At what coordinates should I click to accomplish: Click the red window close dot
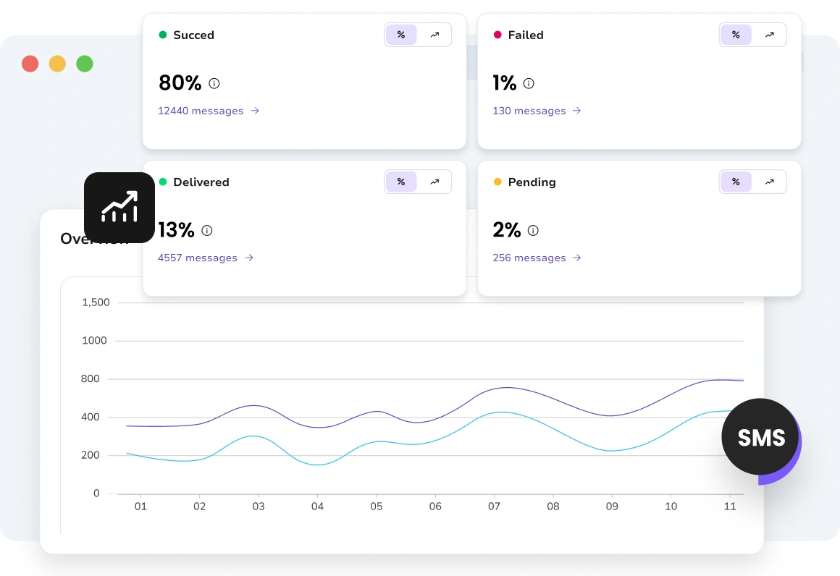tap(30, 64)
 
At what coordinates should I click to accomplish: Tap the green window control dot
tap(85, 64)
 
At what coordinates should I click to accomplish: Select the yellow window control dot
tap(57, 64)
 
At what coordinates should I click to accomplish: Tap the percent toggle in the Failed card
tap(736, 35)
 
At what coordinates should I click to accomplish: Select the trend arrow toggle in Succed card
tap(434, 35)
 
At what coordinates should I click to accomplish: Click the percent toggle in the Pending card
tap(736, 182)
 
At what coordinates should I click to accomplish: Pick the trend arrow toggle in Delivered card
tap(434, 182)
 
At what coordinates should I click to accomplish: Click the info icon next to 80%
tap(214, 83)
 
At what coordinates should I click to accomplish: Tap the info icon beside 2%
tap(533, 231)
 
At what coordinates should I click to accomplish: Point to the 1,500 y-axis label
tap(96, 302)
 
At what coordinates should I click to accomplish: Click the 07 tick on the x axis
tap(494, 507)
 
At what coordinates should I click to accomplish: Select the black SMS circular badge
tap(760, 438)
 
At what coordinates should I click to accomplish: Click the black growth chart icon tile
tap(119, 208)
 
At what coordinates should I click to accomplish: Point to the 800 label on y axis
tap(90, 379)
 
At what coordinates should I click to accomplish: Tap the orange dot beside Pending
tap(497, 182)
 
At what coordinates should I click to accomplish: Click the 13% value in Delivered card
tap(176, 230)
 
